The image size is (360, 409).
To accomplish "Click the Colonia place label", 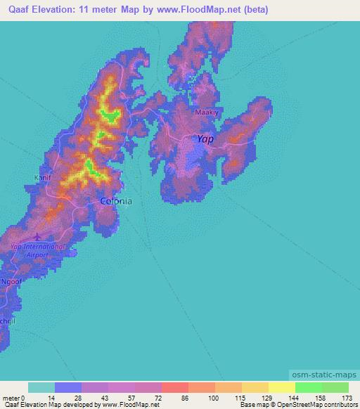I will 116,201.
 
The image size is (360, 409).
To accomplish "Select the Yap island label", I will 205,139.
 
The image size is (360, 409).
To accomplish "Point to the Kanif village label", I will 43,178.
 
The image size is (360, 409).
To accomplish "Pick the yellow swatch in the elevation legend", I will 281,387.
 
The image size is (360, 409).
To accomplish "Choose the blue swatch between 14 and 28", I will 68,387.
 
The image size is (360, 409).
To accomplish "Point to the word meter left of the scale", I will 10,398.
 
